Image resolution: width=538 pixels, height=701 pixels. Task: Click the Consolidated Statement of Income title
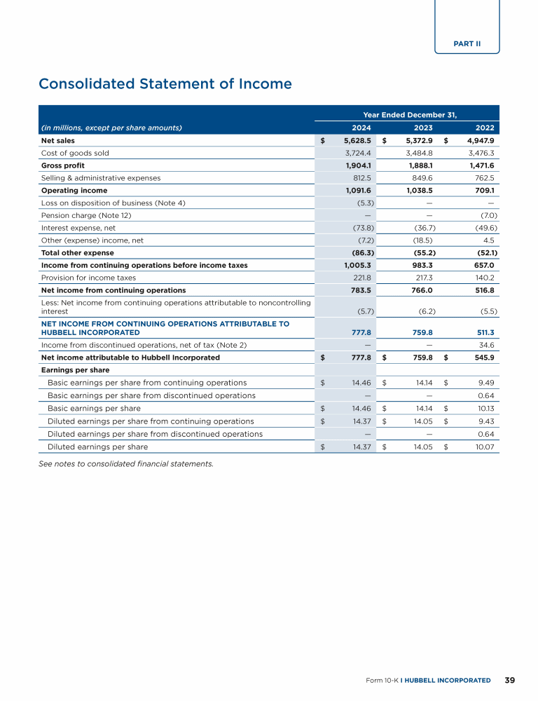tap(165, 84)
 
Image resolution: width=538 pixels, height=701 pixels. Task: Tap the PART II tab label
tap(467, 43)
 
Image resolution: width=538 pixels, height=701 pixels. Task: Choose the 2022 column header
tap(485, 128)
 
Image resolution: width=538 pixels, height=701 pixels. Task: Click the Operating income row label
tap(74, 191)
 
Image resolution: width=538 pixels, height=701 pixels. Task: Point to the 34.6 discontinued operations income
tap(486, 345)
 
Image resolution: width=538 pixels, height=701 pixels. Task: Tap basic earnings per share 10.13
tap(485, 408)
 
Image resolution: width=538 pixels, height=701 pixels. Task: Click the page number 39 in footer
tap(510, 680)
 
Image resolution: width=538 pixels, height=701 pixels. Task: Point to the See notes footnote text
tap(126, 463)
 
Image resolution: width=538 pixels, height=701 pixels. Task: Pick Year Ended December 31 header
tap(410, 114)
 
